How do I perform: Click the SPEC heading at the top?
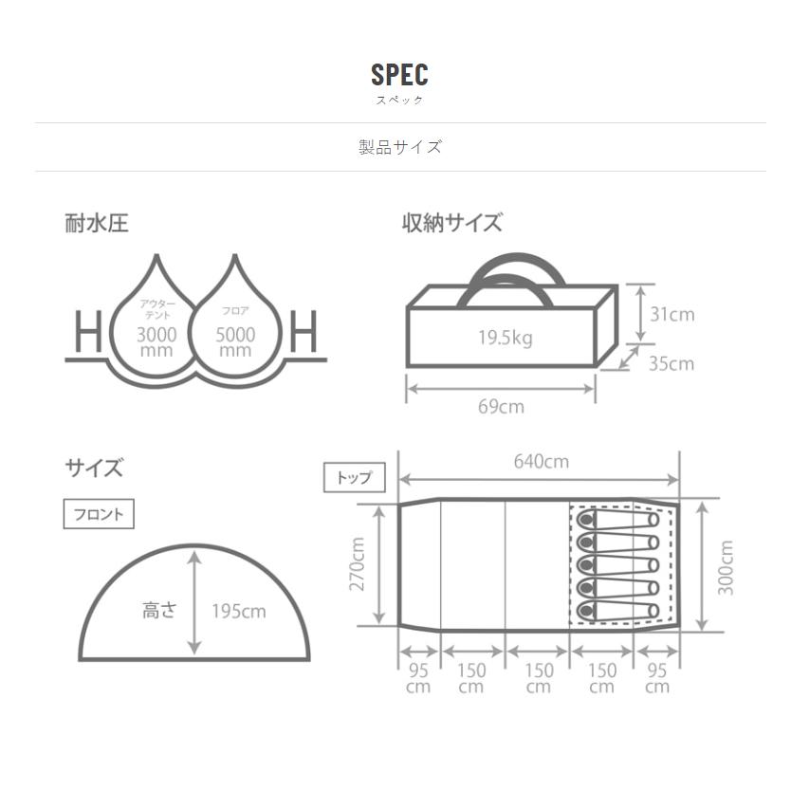pos(399,75)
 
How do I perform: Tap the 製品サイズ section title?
pos(400,147)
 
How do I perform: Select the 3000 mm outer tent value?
pos(156,342)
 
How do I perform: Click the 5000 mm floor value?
pos(235,342)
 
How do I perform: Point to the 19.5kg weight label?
pos(505,338)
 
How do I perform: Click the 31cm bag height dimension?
pos(671,314)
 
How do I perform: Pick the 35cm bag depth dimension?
pos(671,363)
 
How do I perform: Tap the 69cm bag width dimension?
pos(501,406)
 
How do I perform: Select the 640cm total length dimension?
pos(542,461)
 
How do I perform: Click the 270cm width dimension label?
pos(357,563)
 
